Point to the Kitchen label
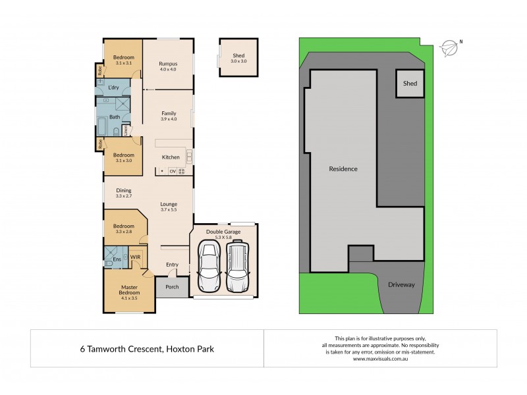coord(171,157)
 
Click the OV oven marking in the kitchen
coord(173,171)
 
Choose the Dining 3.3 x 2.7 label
coord(124,193)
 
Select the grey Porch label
coord(172,287)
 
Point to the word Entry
coord(172,265)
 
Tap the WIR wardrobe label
coord(134,257)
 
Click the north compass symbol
coord(449,46)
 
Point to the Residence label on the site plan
coord(343,169)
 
